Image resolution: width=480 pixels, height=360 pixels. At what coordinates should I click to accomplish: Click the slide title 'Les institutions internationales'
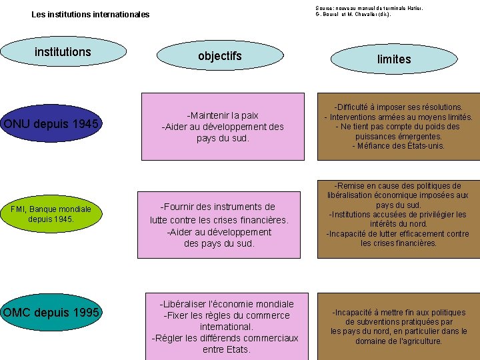[91, 15]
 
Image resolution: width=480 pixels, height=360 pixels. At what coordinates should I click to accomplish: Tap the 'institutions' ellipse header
[63, 52]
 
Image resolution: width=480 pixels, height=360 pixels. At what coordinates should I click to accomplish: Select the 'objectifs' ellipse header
[219, 56]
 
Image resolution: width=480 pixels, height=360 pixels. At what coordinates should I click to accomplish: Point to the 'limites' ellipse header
[394, 59]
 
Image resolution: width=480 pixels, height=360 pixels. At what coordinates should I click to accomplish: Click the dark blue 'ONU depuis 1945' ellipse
[51, 124]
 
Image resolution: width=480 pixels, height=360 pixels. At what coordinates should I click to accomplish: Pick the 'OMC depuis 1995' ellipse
[51, 313]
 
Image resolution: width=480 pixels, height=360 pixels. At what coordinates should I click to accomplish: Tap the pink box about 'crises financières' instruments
[219, 225]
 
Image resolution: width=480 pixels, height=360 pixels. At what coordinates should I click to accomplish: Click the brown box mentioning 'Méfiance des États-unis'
[398, 127]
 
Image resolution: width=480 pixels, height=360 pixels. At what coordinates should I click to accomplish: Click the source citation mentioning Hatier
[369, 11]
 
